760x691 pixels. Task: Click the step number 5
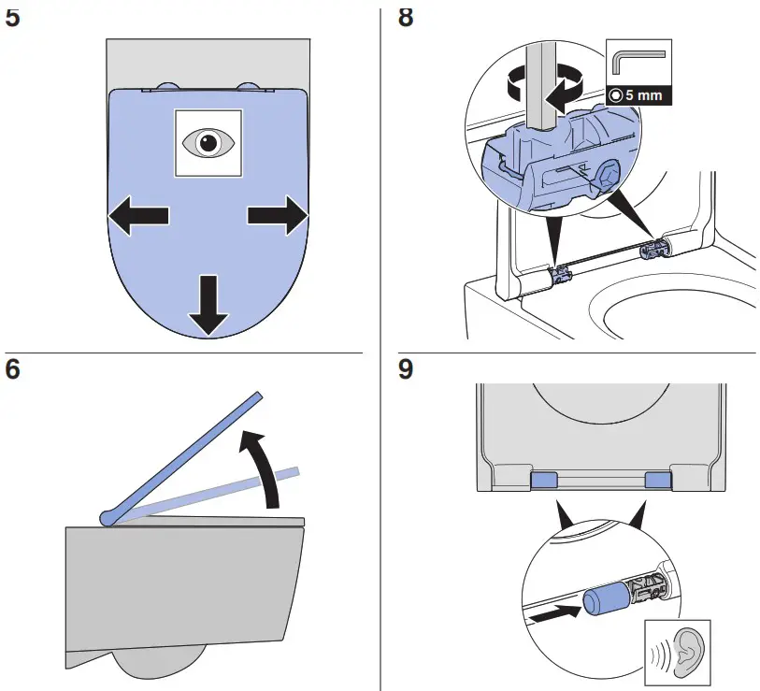[12, 19]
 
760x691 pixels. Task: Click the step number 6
[13, 368]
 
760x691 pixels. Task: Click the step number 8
[405, 19]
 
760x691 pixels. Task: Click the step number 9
[405, 368]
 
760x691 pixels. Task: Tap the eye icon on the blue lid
[209, 142]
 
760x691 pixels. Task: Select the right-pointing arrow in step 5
[278, 216]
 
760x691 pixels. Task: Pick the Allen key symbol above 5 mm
[638, 64]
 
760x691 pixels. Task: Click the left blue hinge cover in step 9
[544, 480]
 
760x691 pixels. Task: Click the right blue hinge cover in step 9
[658, 480]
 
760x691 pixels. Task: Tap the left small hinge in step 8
[559, 272]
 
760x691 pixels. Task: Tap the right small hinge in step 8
[654, 249]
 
